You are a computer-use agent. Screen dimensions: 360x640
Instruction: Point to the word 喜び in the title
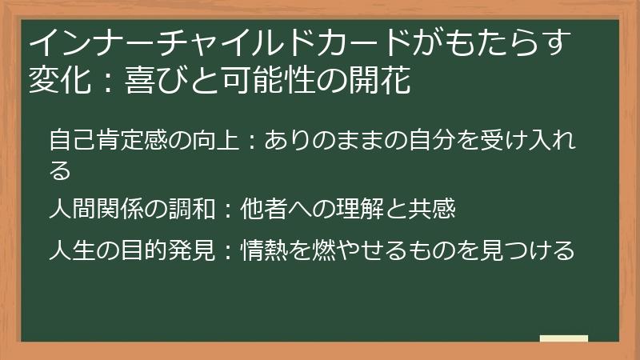[153, 81]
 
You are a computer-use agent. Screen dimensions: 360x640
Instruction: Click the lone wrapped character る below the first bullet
[60, 170]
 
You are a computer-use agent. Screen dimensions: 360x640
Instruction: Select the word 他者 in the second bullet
[262, 210]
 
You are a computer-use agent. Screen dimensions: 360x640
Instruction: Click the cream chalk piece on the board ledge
[564, 339]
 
